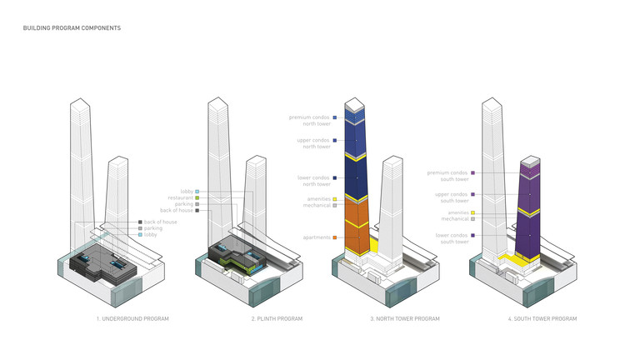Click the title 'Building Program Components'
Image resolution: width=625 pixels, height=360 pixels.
[x=72, y=28]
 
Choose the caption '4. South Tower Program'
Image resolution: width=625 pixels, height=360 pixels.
[x=542, y=319]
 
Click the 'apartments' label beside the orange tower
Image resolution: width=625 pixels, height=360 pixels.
[x=315, y=237]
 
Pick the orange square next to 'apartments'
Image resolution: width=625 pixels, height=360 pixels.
[x=334, y=237]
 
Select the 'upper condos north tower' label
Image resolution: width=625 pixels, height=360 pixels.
[x=313, y=143]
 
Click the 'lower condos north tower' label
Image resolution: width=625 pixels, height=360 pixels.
[x=313, y=181]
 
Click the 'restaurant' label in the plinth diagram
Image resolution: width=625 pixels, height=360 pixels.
[x=179, y=197]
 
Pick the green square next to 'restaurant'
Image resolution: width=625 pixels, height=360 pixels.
[x=197, y=197]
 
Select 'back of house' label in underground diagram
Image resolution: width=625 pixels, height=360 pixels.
[x=159, y=222]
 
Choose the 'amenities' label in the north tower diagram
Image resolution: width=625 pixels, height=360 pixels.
[x=317, y=198]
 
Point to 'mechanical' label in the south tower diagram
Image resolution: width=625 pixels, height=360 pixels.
[x=453, y=219]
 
